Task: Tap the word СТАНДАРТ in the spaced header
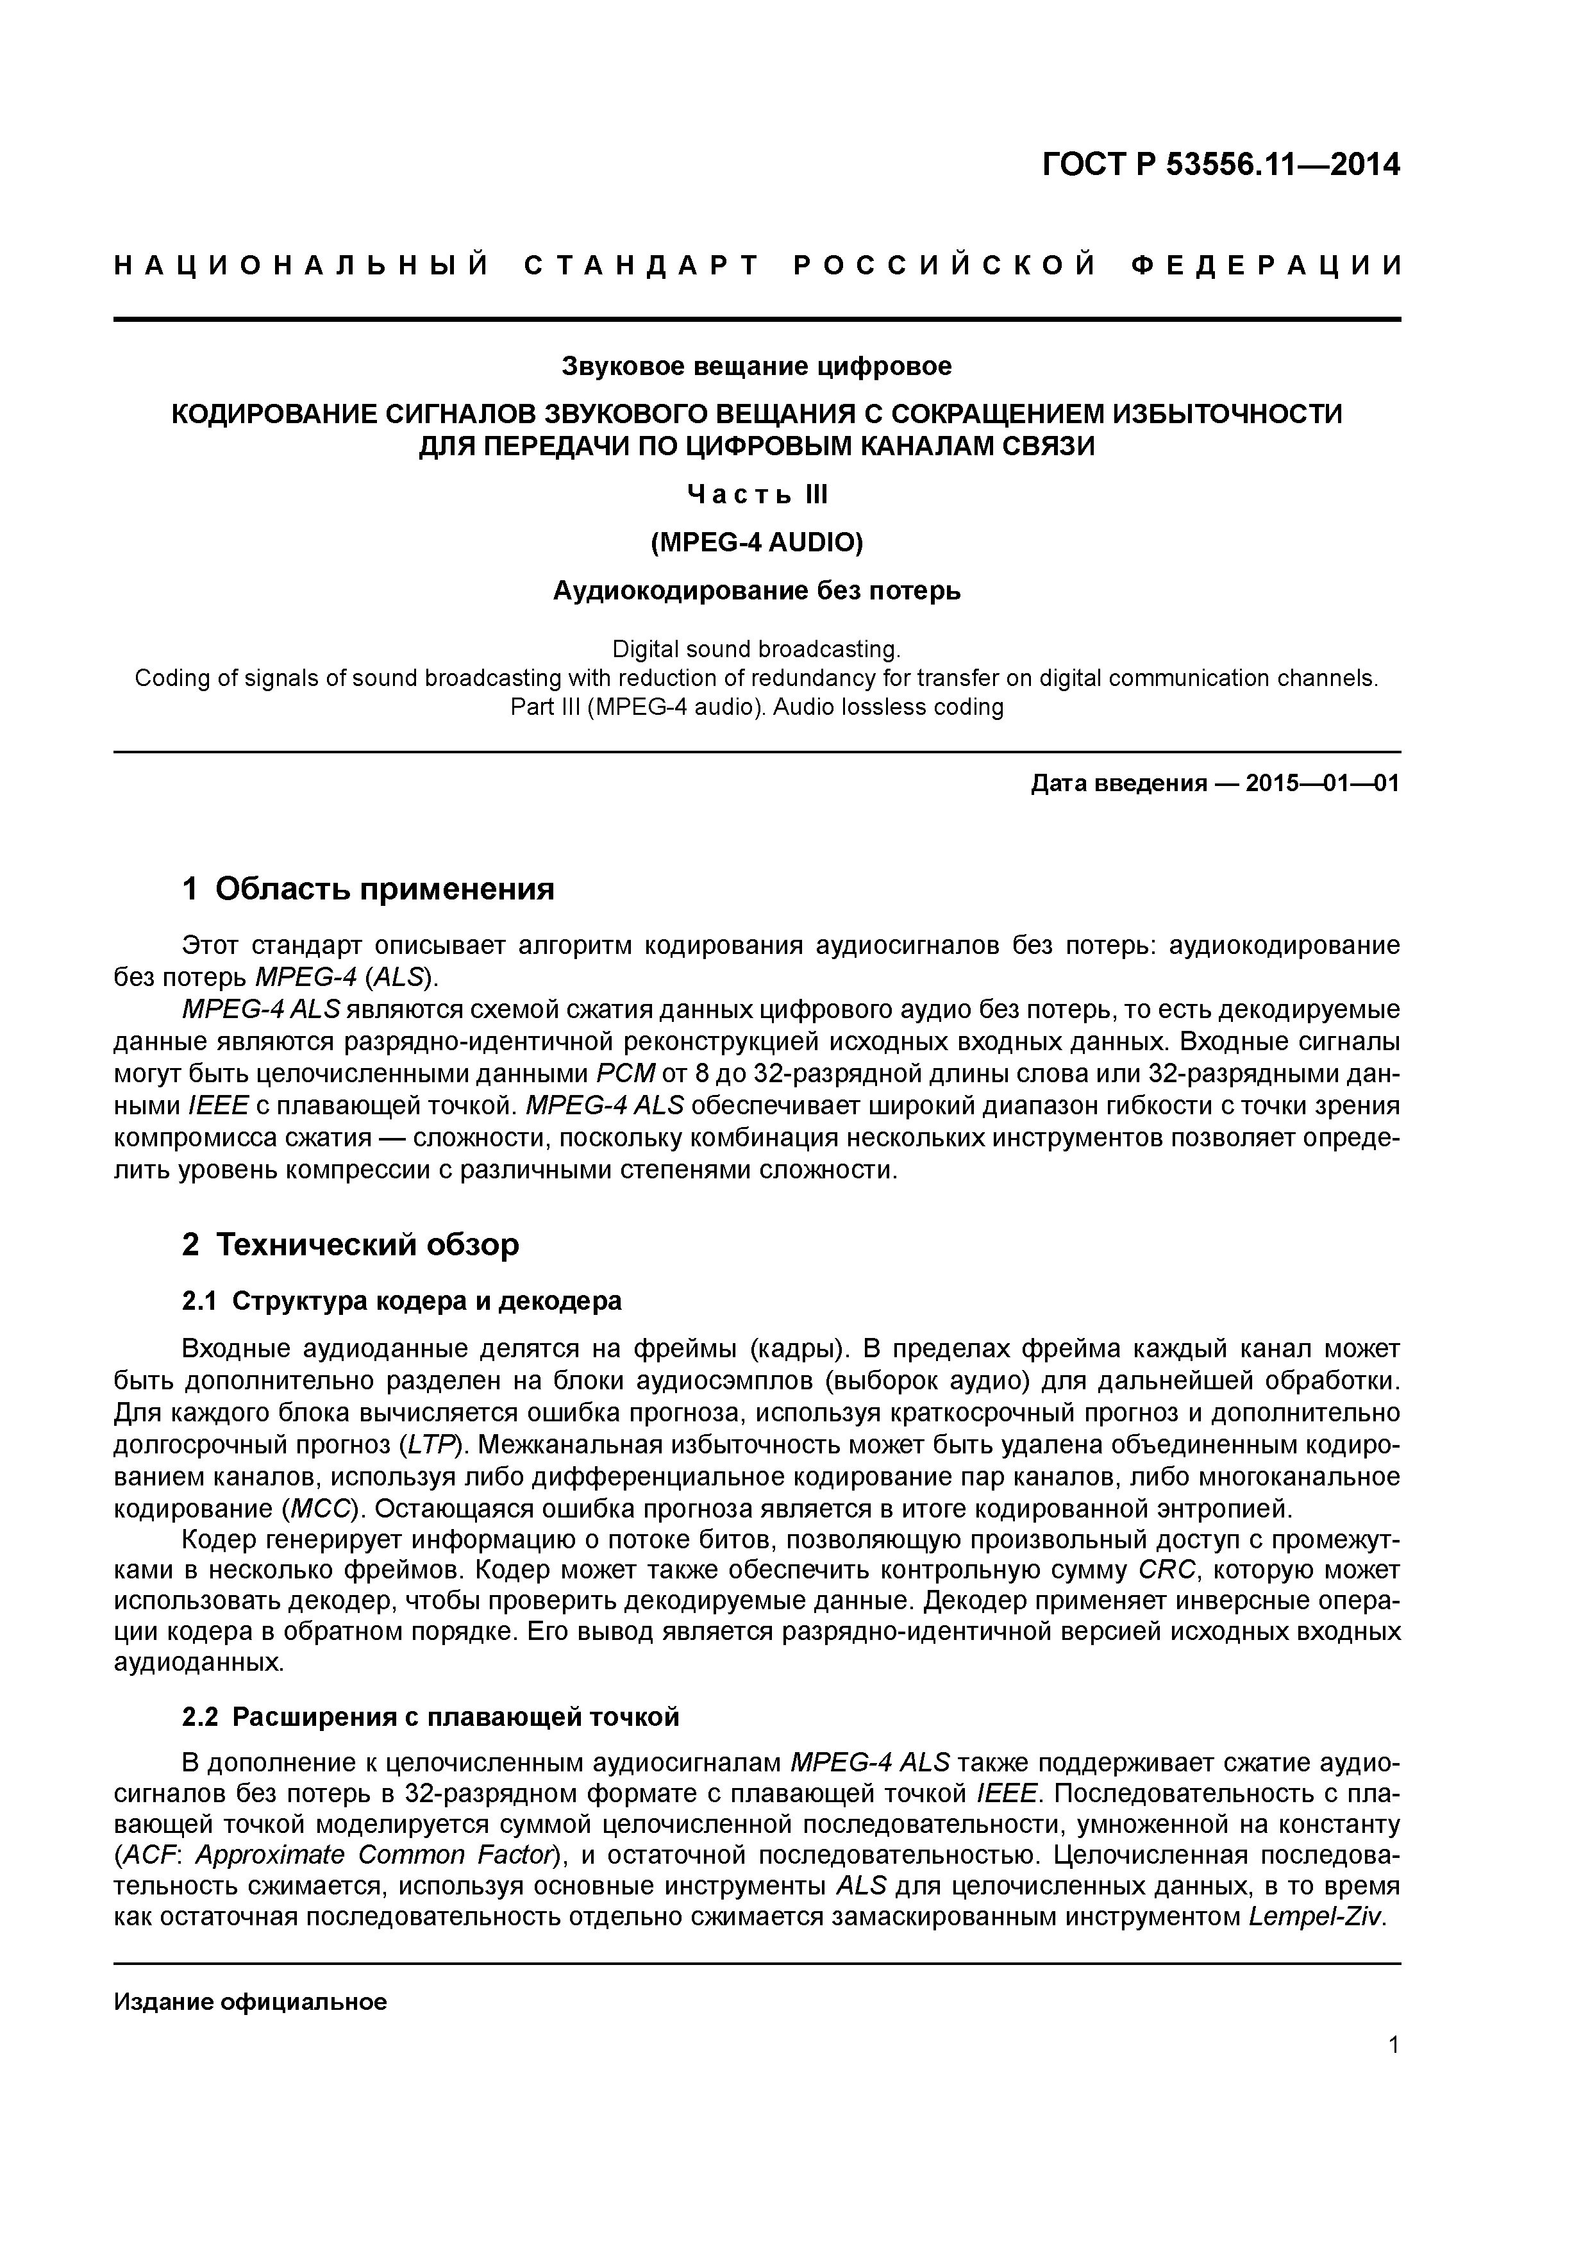(642, 265)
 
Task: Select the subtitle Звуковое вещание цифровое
(757, 366)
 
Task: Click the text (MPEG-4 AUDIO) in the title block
(757, 542)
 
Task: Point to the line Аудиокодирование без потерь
(757, 590)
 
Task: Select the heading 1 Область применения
(369, 889)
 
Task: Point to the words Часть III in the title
(757, 495)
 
